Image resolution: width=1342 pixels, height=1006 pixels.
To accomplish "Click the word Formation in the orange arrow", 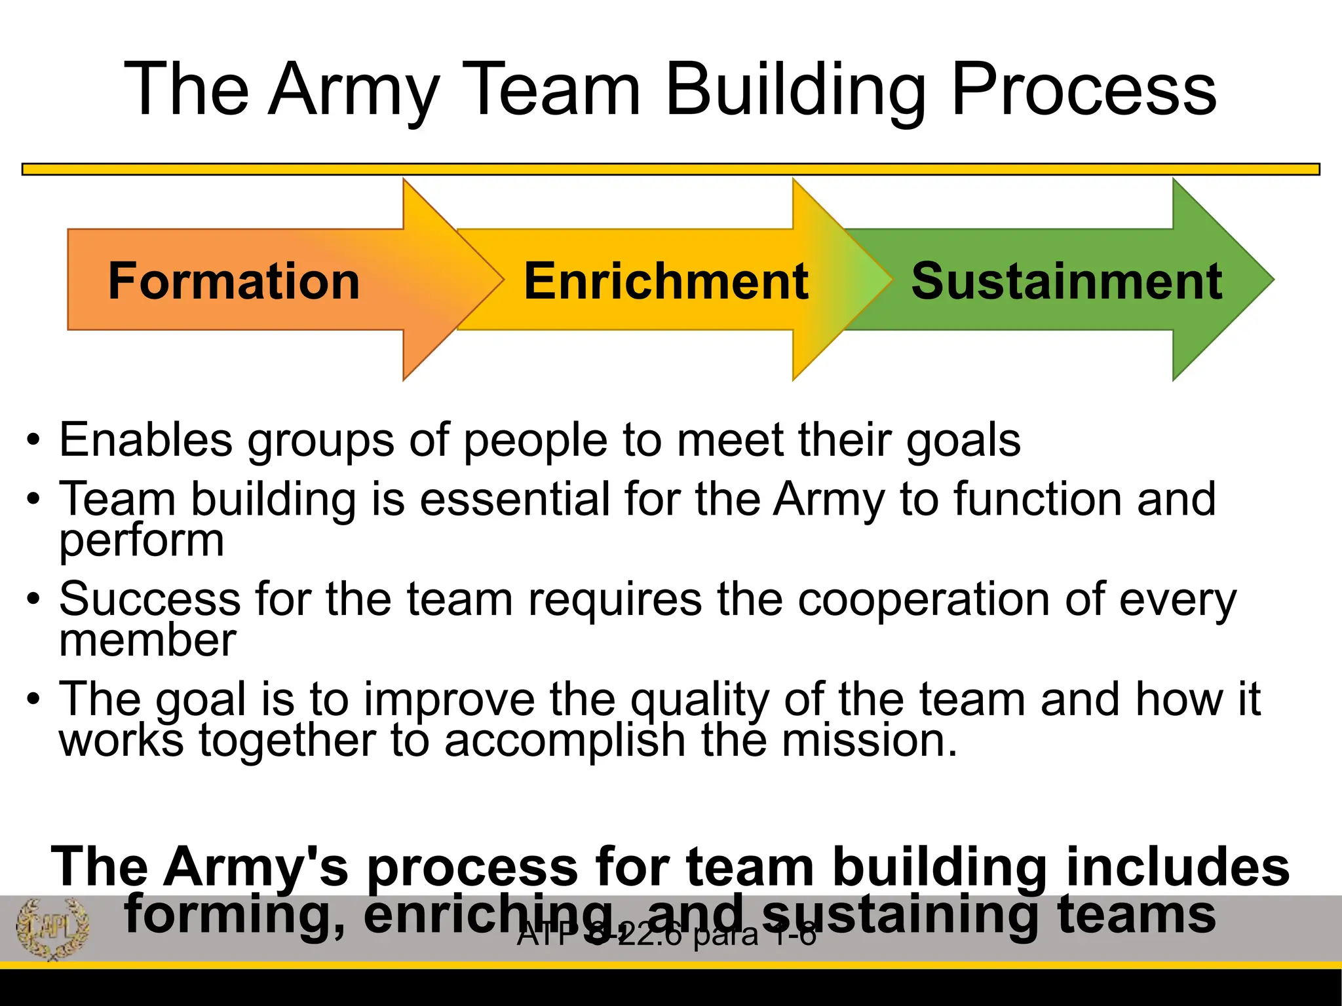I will click(234, 281).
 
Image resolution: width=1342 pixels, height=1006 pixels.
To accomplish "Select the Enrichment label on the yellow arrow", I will click(666, 281).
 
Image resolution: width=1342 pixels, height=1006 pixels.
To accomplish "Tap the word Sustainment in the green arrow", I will click(1066, 281).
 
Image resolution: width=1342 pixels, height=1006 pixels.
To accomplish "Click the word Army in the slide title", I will click(355, 90).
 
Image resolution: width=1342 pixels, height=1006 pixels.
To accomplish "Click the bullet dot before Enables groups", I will click(33, 439).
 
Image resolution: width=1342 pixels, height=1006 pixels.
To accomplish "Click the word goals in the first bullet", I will click(963, 441).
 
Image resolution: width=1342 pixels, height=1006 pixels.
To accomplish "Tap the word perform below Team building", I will click(142, 541).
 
